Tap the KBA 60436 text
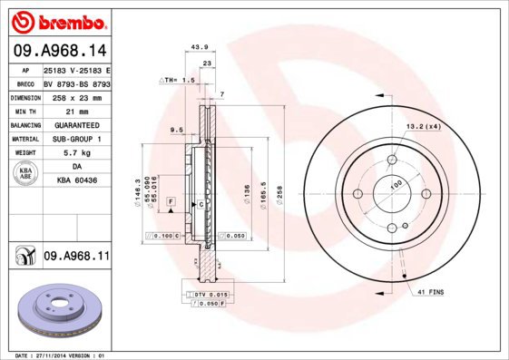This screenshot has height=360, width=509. [76, 182]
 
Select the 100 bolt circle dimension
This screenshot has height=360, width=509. [396, 184]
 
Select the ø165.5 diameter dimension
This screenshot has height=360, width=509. [264, 194]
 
